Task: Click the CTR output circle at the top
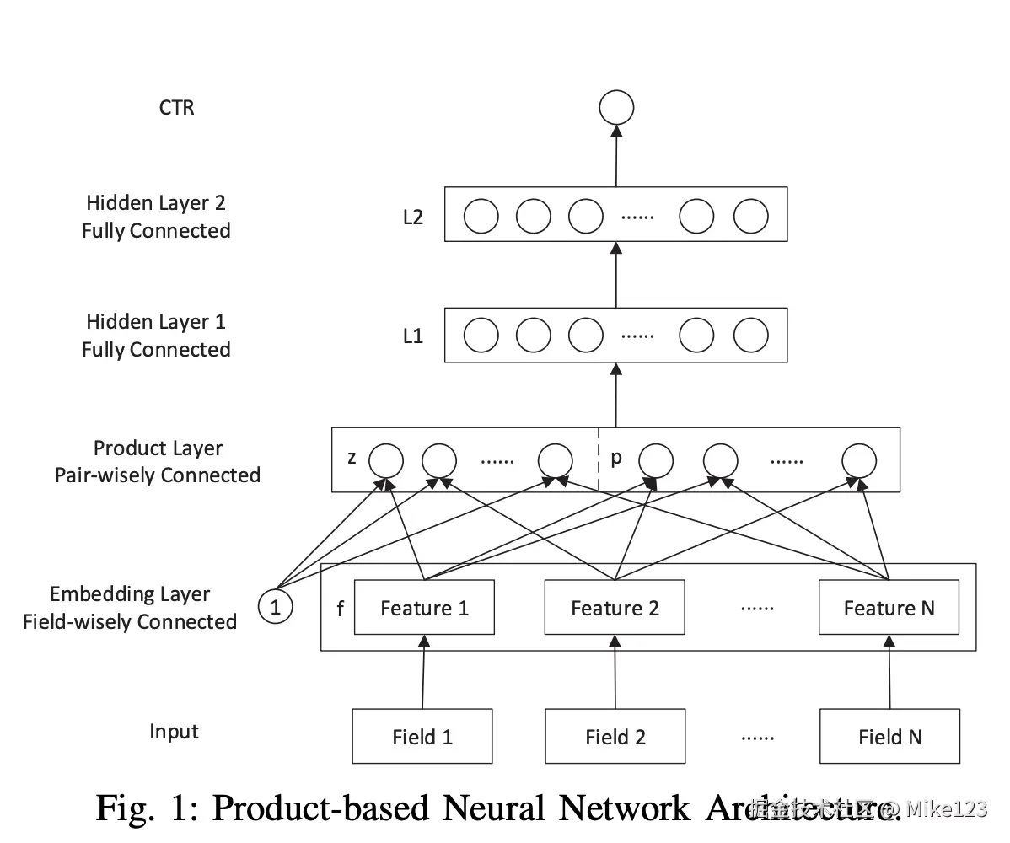616,108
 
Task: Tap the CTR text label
176,108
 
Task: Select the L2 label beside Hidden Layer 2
412,217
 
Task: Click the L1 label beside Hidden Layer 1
412,336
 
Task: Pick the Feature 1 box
424,608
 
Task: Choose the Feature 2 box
615,608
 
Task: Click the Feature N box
889,608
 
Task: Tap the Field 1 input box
422,737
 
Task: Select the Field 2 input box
615,737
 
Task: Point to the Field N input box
889,737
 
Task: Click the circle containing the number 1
275,606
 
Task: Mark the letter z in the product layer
352,459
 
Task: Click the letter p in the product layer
616,459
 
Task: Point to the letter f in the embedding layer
340,609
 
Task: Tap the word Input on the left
174,732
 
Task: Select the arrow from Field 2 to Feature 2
615,672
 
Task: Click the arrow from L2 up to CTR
616,156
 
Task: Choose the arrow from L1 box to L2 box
616,275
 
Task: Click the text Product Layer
158,448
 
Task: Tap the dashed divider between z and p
599,460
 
